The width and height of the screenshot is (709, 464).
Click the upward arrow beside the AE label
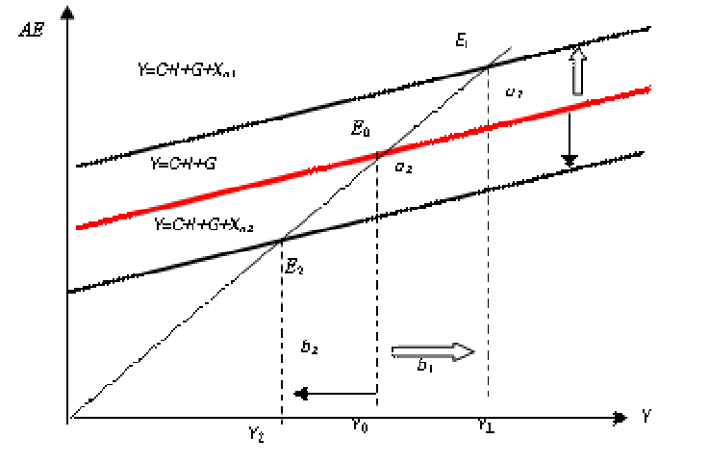[67, 39]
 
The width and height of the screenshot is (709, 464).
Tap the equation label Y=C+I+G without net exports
[182, 164]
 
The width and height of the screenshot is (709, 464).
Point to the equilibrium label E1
[462, 40]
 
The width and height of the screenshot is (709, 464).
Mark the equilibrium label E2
[294, 267]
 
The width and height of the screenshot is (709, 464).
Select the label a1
[514, 92]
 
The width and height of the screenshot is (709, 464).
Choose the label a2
[404, 167]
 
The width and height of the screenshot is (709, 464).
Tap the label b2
[309, 348]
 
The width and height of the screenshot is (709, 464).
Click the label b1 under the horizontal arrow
[425, 366]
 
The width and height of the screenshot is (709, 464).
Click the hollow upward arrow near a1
[576, 71]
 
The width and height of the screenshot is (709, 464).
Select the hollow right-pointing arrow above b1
[434, 351]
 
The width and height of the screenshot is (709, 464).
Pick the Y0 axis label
[359, 426]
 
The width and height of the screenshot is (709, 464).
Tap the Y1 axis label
[486, 426]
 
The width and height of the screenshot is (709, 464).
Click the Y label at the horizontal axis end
[647, 417]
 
